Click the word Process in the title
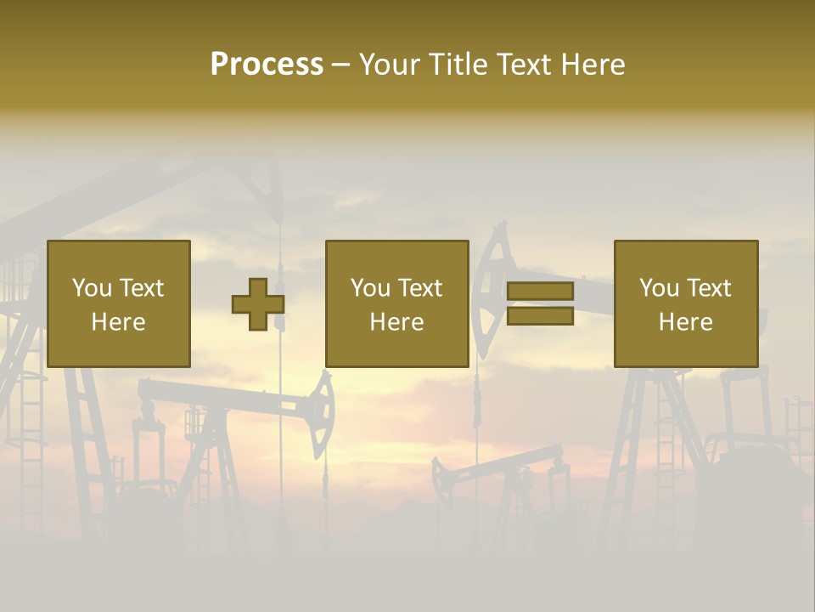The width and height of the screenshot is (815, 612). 267,64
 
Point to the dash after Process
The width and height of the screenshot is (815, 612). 341,65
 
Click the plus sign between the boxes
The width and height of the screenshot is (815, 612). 258,303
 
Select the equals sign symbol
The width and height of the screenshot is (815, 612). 540,303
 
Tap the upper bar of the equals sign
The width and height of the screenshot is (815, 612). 540,292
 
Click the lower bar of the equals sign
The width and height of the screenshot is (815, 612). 540,316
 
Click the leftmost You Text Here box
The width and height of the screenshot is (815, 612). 118,303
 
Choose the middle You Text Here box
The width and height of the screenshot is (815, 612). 396,303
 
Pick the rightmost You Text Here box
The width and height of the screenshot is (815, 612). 685,303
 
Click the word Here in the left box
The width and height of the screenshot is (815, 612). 118,322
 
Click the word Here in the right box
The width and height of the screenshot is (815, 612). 685,322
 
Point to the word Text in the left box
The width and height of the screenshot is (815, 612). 141,288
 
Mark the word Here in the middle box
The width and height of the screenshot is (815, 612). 396,322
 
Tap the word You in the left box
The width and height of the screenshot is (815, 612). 92,288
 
